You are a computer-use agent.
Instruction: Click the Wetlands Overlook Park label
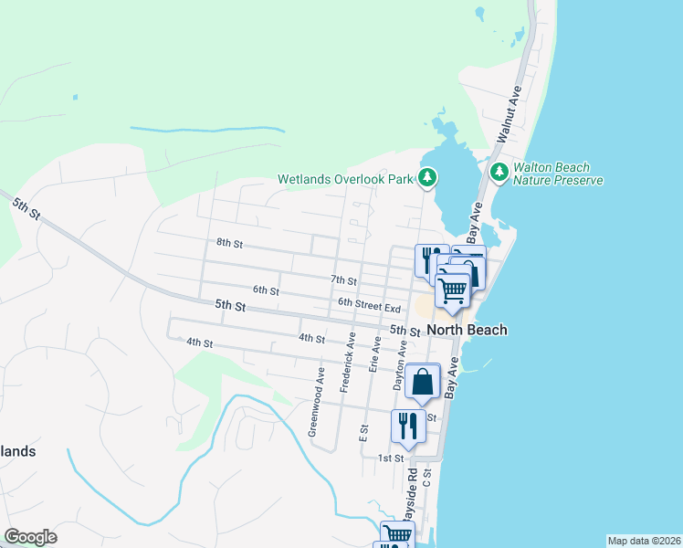346,179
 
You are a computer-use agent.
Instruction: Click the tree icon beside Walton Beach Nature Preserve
499,172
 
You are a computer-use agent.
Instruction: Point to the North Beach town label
468,330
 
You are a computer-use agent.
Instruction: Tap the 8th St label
229,244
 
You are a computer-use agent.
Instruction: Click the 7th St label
343,280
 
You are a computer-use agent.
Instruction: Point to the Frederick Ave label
347,363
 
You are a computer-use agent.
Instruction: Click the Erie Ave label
373,353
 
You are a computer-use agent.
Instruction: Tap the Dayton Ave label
399,366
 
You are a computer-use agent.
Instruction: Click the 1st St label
391,458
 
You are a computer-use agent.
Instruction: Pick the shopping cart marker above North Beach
453,291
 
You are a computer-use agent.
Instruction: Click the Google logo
30,537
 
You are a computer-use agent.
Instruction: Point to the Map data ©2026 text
643,541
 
